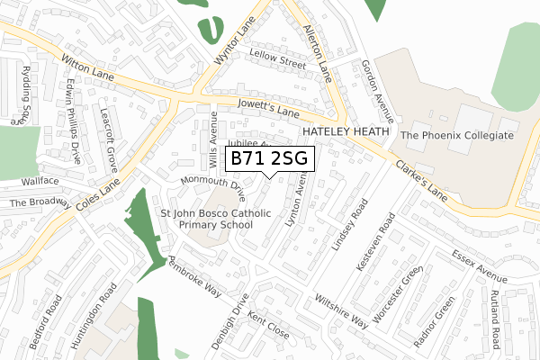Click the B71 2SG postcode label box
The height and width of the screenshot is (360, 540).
pyautogui.click(x=269, y=158)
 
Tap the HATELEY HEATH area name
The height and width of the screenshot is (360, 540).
pyautogui.click(x=346, y=132)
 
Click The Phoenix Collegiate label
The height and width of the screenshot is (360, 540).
pyautogui.click(x=457, y=136)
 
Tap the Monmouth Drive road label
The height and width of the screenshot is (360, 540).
pyautogui.click(x=213, y=186)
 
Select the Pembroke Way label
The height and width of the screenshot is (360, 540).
pyautogui.click(x=195, y=275)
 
